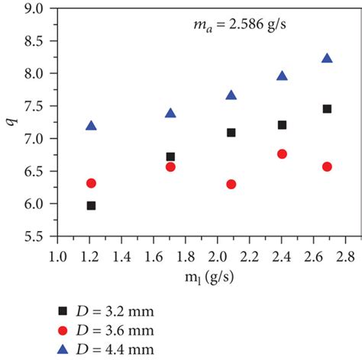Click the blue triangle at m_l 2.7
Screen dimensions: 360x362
tap(327, 59)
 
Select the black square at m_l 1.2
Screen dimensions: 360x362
tap(92, 205)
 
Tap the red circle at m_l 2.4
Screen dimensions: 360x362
tap(282, 154)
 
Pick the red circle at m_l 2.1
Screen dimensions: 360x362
tap(231, 184)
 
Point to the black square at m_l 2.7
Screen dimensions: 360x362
tap(327, 109)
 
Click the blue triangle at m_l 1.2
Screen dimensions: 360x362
tap(92, 126)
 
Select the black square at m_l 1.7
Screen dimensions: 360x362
tap(170, 156)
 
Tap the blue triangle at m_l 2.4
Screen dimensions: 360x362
tap(282, 76)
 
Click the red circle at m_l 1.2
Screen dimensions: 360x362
tap(92, 183)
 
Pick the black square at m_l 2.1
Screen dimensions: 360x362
tap(231, 133)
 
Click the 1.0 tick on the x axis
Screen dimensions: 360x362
tap(56, 253)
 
